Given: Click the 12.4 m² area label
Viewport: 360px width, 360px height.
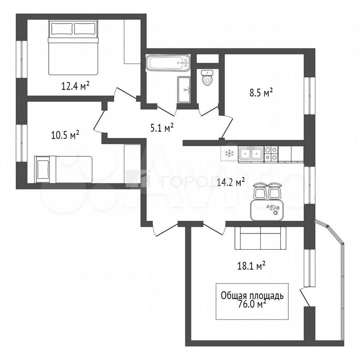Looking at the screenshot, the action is [75, 86].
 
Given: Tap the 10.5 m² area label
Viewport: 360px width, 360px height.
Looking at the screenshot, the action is [65, 135].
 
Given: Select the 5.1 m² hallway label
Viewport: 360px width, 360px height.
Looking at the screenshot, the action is [162, 128].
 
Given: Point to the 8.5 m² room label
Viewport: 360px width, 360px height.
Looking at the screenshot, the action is [261, 93].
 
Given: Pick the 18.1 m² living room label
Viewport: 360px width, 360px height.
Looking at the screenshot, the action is [251, 267].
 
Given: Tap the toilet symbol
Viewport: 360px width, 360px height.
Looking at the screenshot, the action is [207, 78].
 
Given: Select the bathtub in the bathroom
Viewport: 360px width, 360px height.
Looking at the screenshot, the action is [168, 63].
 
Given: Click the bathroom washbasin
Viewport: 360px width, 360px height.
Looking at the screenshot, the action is [184, 90].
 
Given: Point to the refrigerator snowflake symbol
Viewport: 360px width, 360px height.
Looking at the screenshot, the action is [228, 153].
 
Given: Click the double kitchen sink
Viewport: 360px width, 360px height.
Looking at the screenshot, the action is [251, 154].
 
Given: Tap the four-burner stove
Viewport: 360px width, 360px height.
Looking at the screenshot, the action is [271, 154].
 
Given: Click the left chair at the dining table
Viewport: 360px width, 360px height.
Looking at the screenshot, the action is [260, 191].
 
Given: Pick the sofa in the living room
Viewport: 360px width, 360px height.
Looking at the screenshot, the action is [261, 238].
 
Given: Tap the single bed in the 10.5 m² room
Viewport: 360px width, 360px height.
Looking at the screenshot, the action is [63, 169].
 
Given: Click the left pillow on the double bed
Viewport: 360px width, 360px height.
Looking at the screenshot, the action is [61, 29].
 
